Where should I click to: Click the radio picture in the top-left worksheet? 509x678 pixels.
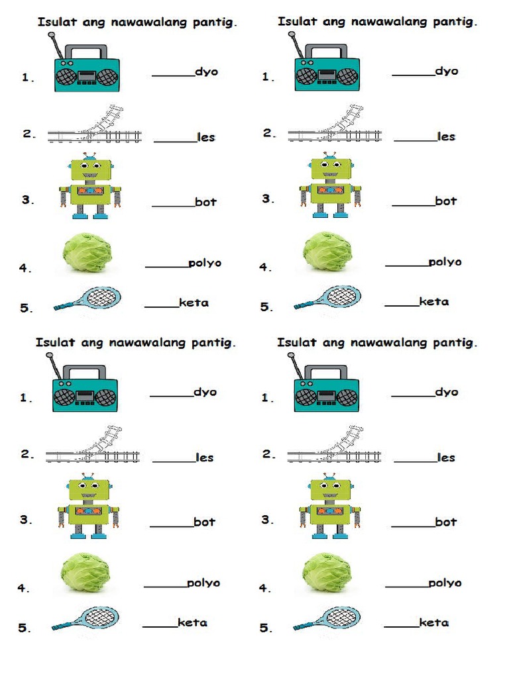(x=87, y=73)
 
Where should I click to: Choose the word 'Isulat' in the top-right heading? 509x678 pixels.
(x=296, y=22)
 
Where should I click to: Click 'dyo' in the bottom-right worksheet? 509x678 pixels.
(x=447, y=392)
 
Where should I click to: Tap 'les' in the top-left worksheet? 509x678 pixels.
(x=206, y=138)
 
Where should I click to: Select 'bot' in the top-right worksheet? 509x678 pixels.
(x=446, y=201)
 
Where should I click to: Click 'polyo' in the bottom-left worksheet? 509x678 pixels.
(x=203, y=583)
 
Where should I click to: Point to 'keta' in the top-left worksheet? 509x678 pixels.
(x=194, y=303)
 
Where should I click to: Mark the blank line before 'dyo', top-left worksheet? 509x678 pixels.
(x=174, y=75)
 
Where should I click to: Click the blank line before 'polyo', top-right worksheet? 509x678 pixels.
(x=406, y=266)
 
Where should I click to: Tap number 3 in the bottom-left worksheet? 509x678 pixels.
(x=25, y=520)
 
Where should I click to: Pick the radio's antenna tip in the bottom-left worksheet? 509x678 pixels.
(x=49, y=356)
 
